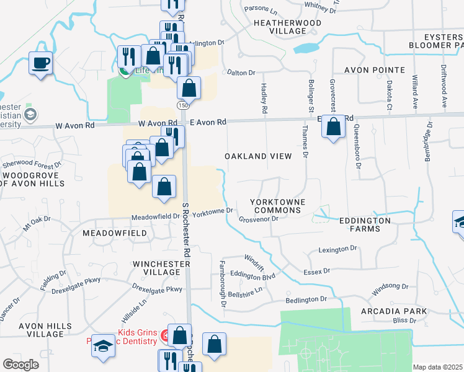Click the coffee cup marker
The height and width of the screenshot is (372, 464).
pyautogui.click(x=40, y=63)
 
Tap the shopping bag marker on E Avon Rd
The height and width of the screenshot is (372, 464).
pyautogui.click(x=334, y=127)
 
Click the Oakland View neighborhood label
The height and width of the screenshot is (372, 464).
pyautogui.click(x=257, y=156)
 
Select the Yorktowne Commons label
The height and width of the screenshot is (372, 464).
pyautogui.click(x=275, y=206)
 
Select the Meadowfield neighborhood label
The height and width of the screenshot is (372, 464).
pyautogui.click(x=115, y=233)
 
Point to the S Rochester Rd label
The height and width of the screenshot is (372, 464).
pyautogui.click(x=185, y=229)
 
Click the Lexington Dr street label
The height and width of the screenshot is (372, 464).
pyautogui.click(x=338, y=249)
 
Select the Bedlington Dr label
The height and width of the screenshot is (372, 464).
pyautogui.click(x=306, y=299)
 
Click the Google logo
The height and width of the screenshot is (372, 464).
pyautogui.click(x=20, y=365)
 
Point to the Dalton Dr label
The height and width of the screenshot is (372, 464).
pyautogui.click(x=241, y=73)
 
